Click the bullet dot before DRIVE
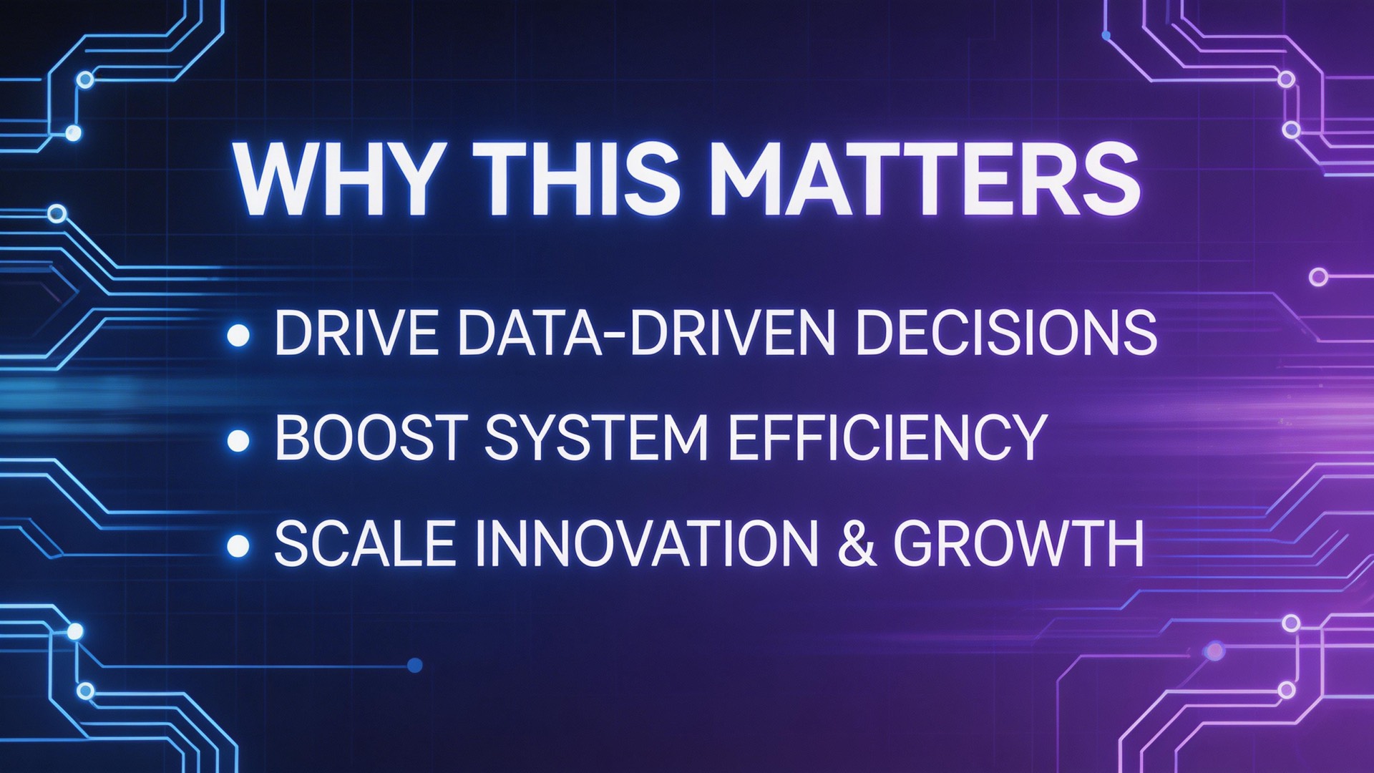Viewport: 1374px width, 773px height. [x=238, y=335]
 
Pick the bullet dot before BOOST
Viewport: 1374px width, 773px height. [x=238, y=440]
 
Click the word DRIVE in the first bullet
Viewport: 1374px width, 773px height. [x=356, y=333]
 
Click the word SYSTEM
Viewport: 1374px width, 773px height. [x=596, y=437]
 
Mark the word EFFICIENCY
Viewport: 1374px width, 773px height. [x=888, y=437]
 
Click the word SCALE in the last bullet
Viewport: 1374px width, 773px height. [x=365, y=544]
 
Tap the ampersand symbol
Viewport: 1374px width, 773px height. [x=856, y=544]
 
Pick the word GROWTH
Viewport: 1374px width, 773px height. [x=1019, y=544]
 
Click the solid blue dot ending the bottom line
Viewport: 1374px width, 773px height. [x=414, y=666]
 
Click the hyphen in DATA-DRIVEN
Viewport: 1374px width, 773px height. [x=615, y=336]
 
